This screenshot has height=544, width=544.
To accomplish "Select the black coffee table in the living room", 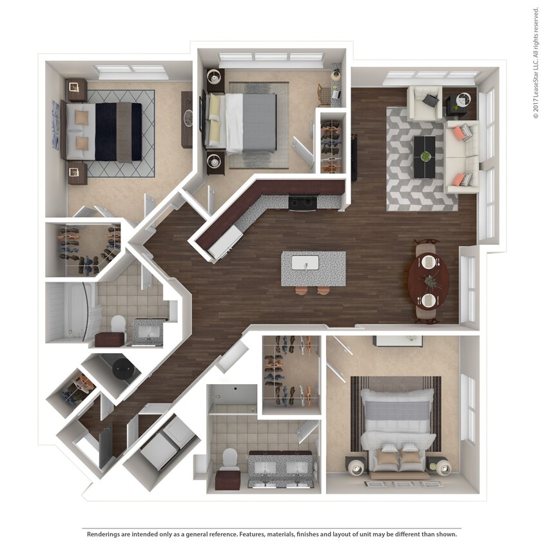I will click(424, 157).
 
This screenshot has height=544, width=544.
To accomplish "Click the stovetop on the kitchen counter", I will click(302, 202).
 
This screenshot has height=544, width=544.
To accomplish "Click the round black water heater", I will click(122, 368).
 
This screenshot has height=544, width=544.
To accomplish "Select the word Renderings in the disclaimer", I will click(104, 534).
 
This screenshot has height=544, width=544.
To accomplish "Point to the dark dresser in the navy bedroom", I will click(187, 119).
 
